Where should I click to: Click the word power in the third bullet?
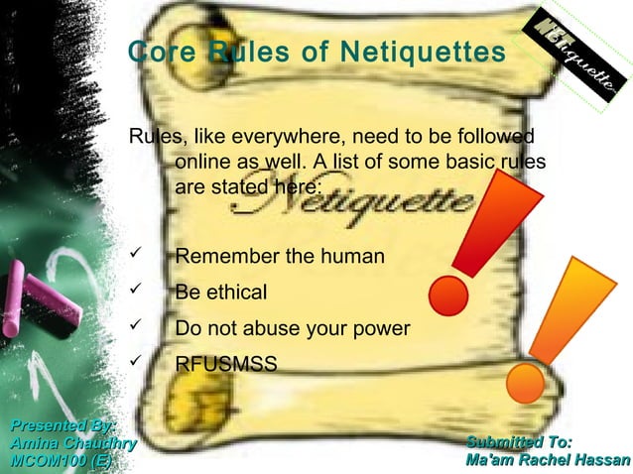click(382, 329)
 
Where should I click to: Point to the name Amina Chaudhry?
click(72, 443)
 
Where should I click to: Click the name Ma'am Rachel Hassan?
click(547, 461)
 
